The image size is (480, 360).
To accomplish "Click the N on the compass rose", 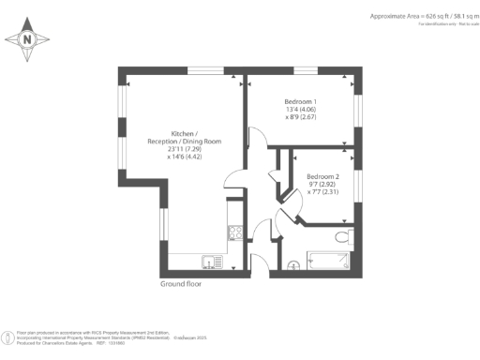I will click(x=27, y=40).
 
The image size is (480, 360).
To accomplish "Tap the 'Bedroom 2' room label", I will click(x=322, y=176).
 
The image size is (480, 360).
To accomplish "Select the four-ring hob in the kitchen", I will click(x=234, y=234).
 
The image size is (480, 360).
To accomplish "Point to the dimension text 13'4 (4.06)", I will click(x=301, y=111).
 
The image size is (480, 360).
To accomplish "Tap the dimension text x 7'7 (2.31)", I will click(x=322, y=193).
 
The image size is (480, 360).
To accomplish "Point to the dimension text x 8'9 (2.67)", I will click(x=301, y=119).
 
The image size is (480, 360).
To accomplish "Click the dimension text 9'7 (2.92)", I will click(x=322, y=185).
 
